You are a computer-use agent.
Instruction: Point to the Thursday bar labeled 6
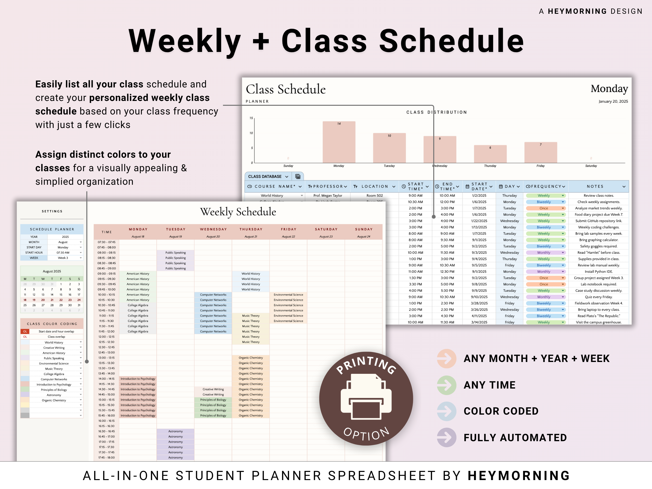tap(490, 154)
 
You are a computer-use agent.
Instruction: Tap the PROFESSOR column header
tap(327, 186)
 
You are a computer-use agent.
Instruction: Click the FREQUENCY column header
tap(546, 186)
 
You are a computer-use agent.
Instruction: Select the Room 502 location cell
tap(374, 195)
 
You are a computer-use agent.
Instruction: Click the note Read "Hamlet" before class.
tap(598, 253)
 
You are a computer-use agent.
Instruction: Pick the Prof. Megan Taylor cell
tap(327, 195)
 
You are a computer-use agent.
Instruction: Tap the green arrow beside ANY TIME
tap(446, 385)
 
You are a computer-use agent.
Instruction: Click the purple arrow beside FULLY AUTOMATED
tap(446, 437)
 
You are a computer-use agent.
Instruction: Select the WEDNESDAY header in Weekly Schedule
tap(213, 229)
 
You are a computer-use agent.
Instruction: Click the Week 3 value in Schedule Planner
tap(63, 258)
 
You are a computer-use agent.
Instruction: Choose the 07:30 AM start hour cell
tap(63, 253)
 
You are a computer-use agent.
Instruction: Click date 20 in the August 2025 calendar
tap(43, 300)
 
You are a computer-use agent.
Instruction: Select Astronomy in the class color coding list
tap(54, 395)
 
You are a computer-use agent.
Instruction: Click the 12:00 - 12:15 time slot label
tap(106, 337)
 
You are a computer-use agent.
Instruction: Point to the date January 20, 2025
tap(613, 101)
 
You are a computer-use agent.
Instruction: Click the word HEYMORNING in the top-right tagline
tap(577, 11)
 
